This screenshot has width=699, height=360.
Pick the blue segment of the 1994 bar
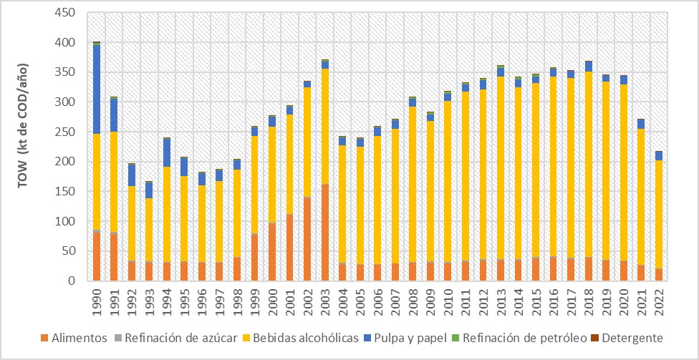coord(167,152)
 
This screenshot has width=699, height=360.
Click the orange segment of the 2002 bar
coord(307,240)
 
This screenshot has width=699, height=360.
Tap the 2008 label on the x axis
coord(413,300)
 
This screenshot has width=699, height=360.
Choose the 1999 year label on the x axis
coord(255,300)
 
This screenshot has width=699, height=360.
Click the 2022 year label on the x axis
coord(658,300)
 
